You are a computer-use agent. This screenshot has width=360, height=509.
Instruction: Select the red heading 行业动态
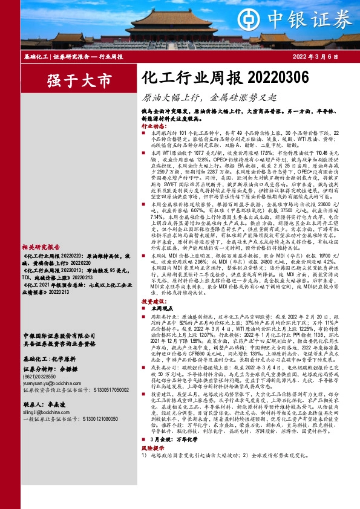pyautogui.click(x=152, y=126)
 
